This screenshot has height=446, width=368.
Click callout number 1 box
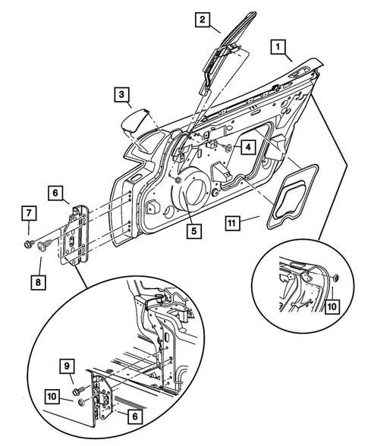coord(280,49)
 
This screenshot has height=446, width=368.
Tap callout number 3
coord(122,95)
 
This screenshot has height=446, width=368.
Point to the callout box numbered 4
coord(247,147)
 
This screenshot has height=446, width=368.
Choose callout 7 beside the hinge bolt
coord(27,212)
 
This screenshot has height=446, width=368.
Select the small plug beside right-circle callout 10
coord(335,281)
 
